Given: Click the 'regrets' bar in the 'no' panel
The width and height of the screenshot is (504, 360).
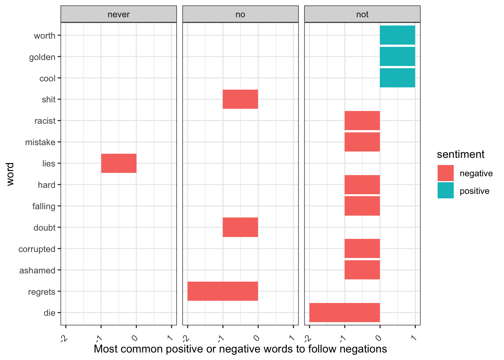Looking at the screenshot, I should pyautogui.click(x=223, y=291).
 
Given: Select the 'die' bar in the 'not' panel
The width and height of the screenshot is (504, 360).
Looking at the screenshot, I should pyautogui.click(x=345, y=312).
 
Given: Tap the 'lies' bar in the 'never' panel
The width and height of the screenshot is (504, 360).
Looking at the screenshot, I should pyautogui.click(x=119, y=163).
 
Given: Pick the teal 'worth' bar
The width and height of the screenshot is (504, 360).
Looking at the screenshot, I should pyautogui.click(x=397, y=35).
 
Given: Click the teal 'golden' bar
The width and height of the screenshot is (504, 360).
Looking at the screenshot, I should pyautogui.click(x=397, y=57).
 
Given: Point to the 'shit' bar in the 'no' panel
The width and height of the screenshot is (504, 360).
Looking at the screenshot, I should pyautogui.click(x=240, y=99).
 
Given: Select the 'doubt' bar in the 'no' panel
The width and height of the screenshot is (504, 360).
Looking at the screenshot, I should pyautogui.click(x=240, y=227).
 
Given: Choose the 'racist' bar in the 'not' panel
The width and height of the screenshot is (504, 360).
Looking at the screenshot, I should pyautogui.click(x=362, y=121).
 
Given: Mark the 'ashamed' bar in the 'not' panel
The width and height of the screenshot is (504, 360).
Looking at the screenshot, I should pyautogui.click(x=362, y=270).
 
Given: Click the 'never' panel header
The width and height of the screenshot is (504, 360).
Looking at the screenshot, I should pyautogui.click(x=118, y=14).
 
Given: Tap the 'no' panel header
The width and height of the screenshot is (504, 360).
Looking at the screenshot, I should pyautogui.click(x=240, y=14).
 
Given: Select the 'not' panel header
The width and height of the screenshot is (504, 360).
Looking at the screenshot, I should pyautogui.click(x=362, y=14).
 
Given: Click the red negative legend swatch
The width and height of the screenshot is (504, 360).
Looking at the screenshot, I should pyautogui.click(x=445, y=173).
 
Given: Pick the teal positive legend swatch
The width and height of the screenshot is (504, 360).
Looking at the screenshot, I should pyautogui.click(x=445, y=190).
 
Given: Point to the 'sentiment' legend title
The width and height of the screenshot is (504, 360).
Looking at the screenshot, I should pyautogui.click(x=460, y=154).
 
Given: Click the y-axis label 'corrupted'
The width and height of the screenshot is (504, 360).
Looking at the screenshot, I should pyautogui.click(x=37, y=249).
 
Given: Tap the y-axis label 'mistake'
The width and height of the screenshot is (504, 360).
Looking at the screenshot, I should pyautogui.click(x=40, y=142).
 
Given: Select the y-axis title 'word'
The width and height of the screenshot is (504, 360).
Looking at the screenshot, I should pyautogui.click(x=10, y=174).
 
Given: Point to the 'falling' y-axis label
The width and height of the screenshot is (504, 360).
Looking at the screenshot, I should pyautogui.click(x=43, y=206).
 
